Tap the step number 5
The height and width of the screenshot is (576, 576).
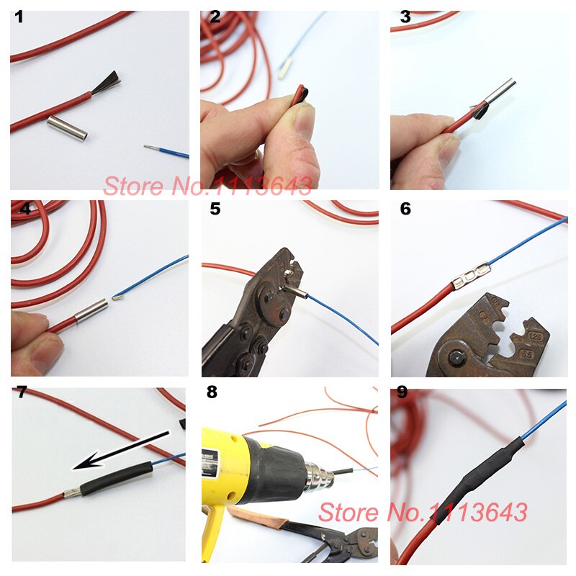(x=215, y=210)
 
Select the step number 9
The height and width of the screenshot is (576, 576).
(x=402, y=393)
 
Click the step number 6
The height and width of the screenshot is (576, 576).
(x=405, y=209)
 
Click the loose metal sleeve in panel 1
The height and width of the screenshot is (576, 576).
(x=67, y=128)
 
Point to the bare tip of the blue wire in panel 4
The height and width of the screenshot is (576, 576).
(x=117, y=296)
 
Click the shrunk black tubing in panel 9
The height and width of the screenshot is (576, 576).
(x=482, y=468)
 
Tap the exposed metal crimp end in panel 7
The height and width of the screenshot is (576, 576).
(x=71, y=495)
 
